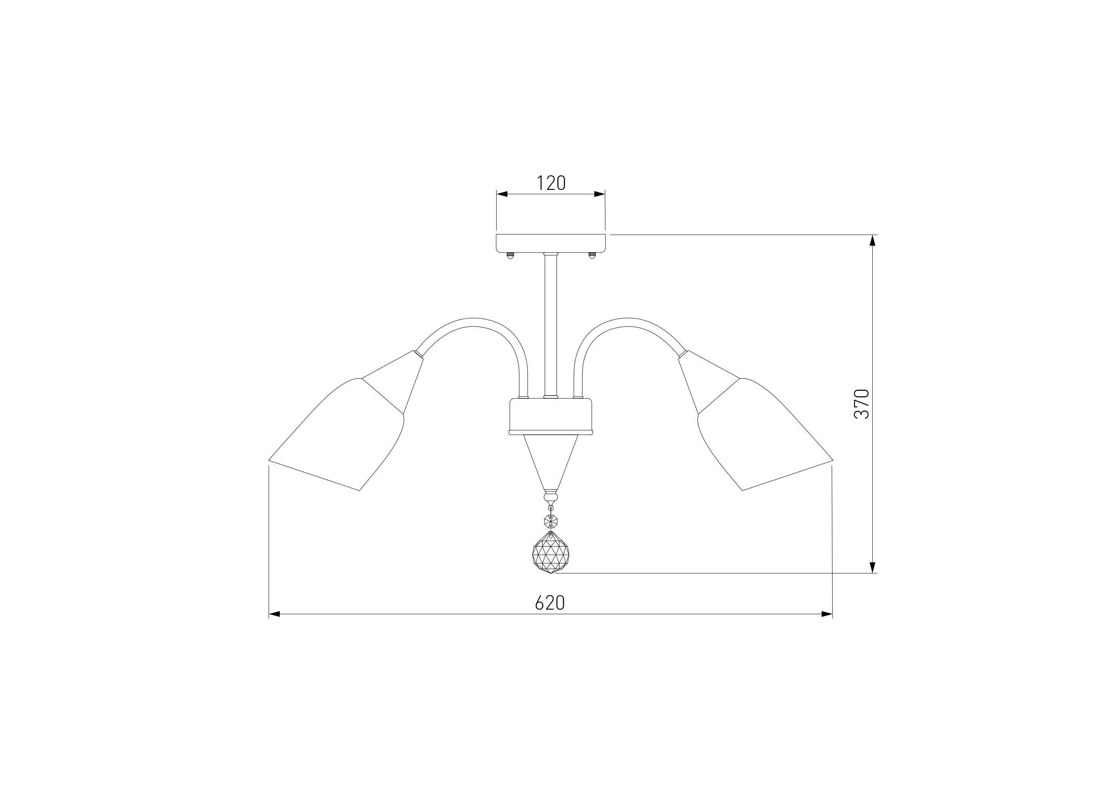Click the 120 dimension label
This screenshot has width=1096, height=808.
pyautogui.click(x=551, y=183)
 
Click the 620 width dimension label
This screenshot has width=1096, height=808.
pyautogui.click(x=550, y=603)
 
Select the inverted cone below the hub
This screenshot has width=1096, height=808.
pyautogui.click(x=551, y=463)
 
